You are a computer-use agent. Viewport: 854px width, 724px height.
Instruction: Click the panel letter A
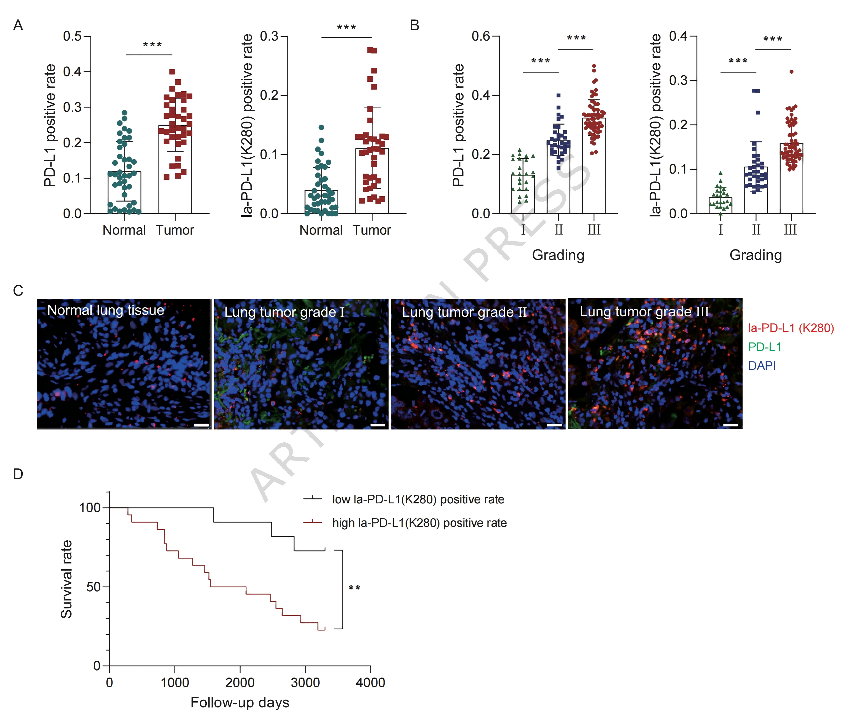point(18,25)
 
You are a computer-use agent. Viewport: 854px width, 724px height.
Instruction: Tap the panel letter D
point(18,474)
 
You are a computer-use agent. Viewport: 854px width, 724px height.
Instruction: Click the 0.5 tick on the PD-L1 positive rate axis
point(72,36)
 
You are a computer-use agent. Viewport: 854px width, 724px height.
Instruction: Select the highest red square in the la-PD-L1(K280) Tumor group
point(372,50)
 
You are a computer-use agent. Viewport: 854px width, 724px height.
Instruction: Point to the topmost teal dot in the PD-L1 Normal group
point(124,113)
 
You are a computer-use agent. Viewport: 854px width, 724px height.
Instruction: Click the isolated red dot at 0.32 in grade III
point(791,72)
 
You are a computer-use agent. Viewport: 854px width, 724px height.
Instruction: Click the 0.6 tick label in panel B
point(481,36)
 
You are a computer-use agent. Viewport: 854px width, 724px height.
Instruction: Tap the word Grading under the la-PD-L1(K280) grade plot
point(755,255)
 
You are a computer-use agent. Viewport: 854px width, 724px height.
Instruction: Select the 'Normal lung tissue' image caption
point(106,310)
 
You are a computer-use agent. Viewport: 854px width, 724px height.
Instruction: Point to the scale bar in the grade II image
point(554,425)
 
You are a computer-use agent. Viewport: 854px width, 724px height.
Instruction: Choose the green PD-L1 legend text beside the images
point(764,347)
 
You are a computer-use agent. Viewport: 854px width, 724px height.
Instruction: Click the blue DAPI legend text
point(762,366)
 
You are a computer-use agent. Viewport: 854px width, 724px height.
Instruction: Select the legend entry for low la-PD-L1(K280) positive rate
point(418,499)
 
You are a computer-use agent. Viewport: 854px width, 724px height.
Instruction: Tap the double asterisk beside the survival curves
point(354,588)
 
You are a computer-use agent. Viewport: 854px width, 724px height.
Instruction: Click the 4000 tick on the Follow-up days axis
point(370,683)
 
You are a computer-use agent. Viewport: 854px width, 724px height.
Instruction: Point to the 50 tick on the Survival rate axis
point(94,587)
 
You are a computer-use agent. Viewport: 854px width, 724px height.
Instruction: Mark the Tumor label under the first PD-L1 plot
point(174,230)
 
